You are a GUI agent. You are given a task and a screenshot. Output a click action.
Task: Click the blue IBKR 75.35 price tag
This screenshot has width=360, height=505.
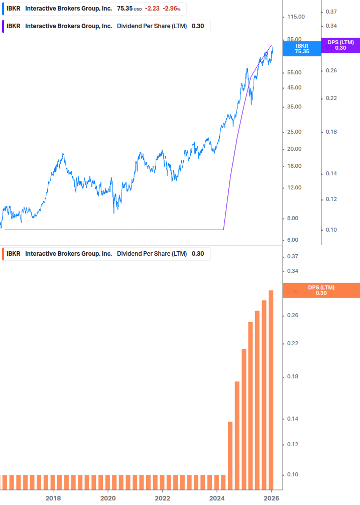click(x=301, y=48)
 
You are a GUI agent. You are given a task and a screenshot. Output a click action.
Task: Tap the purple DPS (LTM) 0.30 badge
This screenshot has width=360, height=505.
click(x=340, y=45)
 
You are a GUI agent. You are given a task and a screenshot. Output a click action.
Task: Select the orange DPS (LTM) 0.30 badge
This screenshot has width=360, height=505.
click(x=321, y=290)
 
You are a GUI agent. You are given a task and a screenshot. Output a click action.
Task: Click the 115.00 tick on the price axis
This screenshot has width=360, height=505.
click(x=296, y=17)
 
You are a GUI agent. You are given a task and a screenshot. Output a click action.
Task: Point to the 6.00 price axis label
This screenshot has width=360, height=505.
click(x=293, y=240)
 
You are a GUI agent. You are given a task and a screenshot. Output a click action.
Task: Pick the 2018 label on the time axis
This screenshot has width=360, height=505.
click(x=53, y=498)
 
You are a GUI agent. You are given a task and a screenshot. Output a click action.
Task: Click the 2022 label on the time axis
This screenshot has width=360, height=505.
click(x=162, y=498)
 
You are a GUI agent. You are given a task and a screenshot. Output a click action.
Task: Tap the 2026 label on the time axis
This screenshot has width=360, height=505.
click(x=271, y=498)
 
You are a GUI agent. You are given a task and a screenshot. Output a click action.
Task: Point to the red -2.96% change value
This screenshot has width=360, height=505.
click(x=171, y=9)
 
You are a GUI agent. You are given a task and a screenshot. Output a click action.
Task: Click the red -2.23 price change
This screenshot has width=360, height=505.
click(x=152, y=9)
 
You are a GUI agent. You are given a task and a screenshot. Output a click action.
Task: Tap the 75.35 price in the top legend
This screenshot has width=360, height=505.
click(x=125, y=9)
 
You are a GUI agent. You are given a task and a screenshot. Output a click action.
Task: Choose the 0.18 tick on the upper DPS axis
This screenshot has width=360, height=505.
click(x=331, y=132)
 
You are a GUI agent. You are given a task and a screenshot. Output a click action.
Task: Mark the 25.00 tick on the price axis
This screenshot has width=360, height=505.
click(x=295, y=132)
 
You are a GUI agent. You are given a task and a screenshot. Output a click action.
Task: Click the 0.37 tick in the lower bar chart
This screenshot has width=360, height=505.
click(x=292, y=256)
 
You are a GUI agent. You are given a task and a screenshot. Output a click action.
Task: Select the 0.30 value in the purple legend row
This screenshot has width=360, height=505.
click(x=198, y=26)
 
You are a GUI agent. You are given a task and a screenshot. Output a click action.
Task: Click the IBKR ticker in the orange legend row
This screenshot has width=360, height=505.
click(x=14, y=254)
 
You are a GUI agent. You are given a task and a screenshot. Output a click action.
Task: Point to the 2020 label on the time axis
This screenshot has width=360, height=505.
click(x=108, y=498)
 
